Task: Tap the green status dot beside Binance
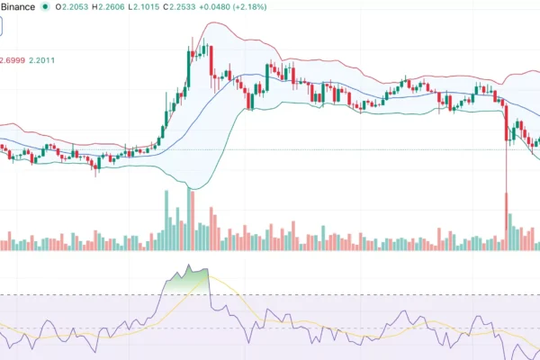[x=45, y=8]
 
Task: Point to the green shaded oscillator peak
[x=188, y=271]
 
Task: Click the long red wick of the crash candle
[x=507, y=180]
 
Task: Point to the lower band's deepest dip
[x=191, y=187]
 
